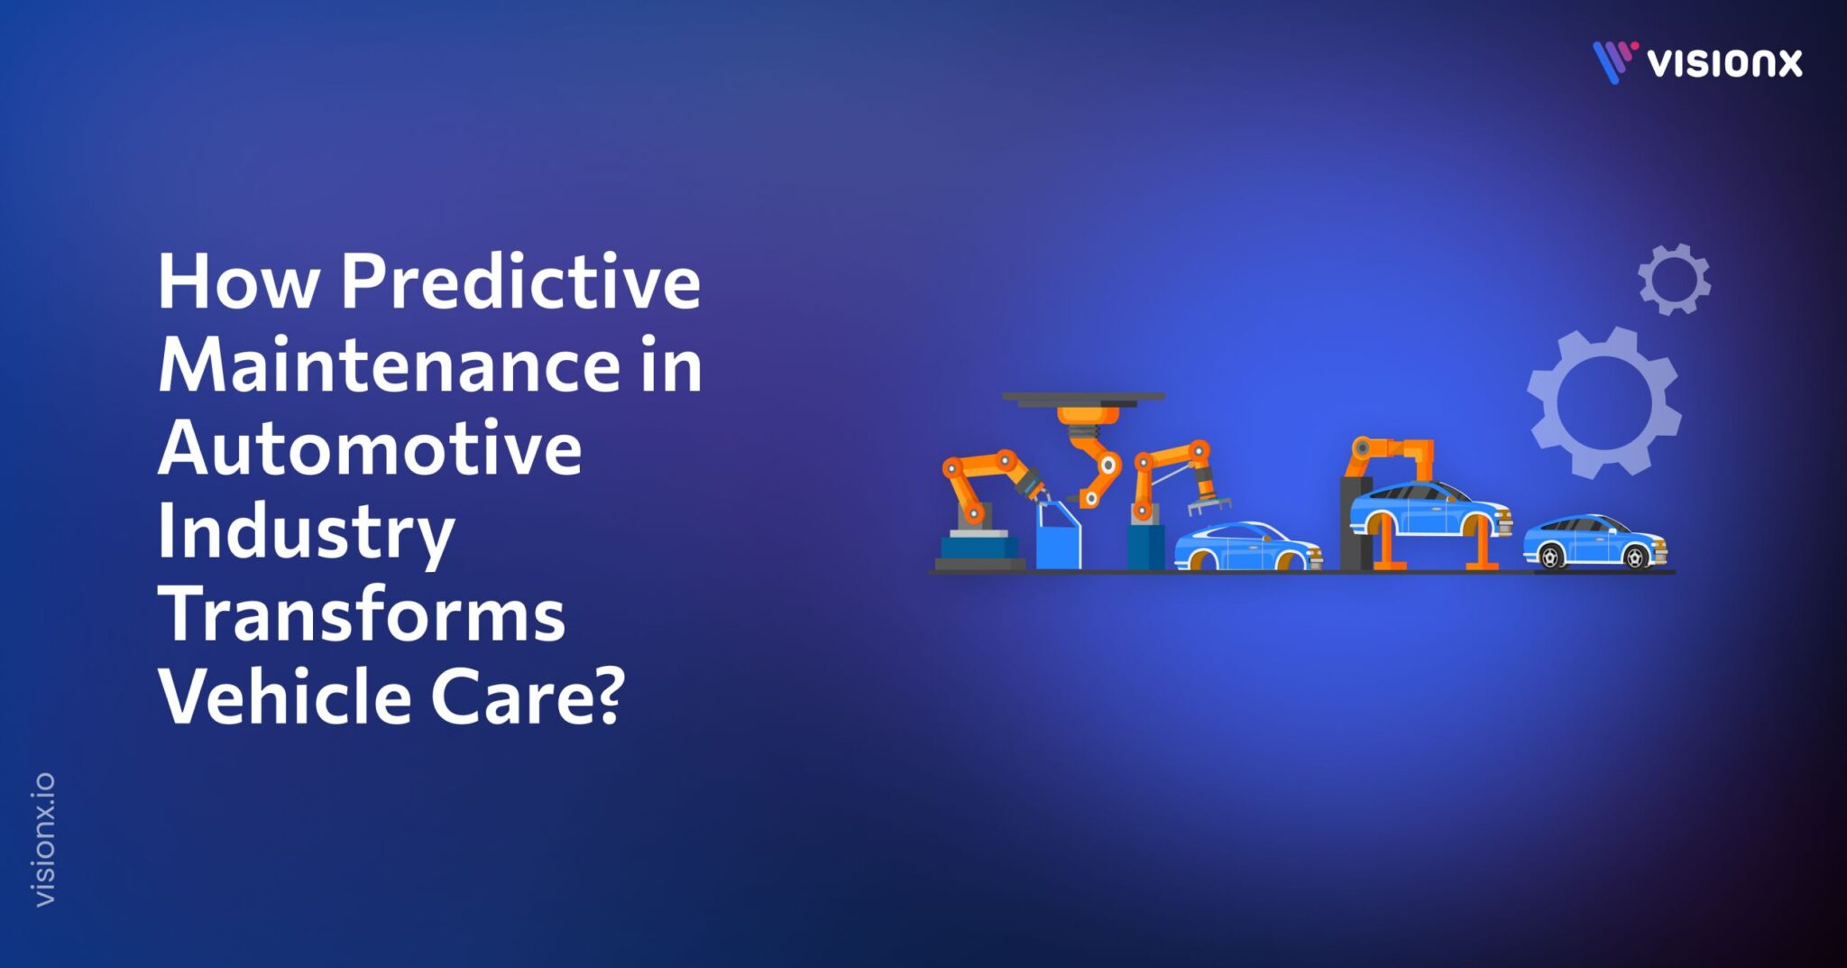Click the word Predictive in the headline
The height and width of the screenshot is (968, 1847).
click(x=520, y=282)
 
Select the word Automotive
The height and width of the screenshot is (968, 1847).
click(x=370, y=448)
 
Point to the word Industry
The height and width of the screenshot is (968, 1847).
click(x=306, y=532)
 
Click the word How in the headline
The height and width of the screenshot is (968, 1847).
click(x=238, y=282)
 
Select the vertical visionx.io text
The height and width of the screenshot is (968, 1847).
click(x=43, y=839)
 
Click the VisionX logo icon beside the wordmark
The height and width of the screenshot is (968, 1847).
click(x=1613, y=61)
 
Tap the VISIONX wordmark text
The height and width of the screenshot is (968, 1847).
click(x=1723, y=63)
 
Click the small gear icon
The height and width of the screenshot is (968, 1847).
click(x=1674, y=280)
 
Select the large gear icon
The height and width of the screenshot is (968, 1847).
click(x=1603, y=402)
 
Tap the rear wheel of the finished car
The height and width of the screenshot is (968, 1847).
click(x=1550, y=558)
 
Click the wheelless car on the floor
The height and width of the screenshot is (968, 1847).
click(x=1246, y=548)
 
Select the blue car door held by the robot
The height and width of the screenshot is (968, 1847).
click(x=1057, y=537)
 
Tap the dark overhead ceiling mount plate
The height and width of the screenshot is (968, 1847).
click(x=1082, y=397)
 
